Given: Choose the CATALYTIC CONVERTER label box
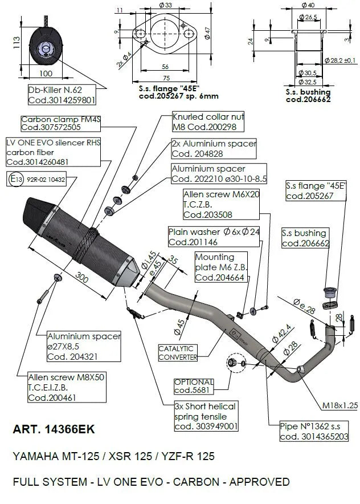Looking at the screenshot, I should point(177,352).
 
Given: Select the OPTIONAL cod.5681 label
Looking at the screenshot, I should point(194,386).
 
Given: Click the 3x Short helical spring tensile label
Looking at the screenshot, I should point(206,416).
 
